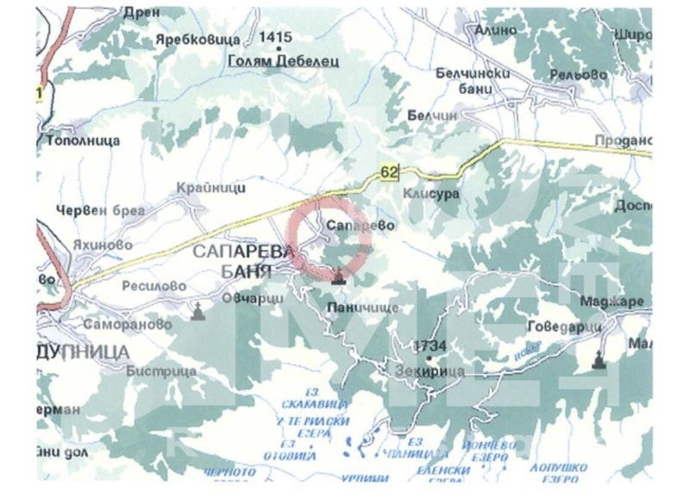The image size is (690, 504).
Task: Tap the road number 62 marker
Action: coord(389,173)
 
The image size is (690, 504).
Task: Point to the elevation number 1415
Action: coord(276,37)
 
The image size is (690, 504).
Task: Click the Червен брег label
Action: coord(100,210)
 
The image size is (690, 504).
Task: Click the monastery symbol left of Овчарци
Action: coord(198,312)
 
